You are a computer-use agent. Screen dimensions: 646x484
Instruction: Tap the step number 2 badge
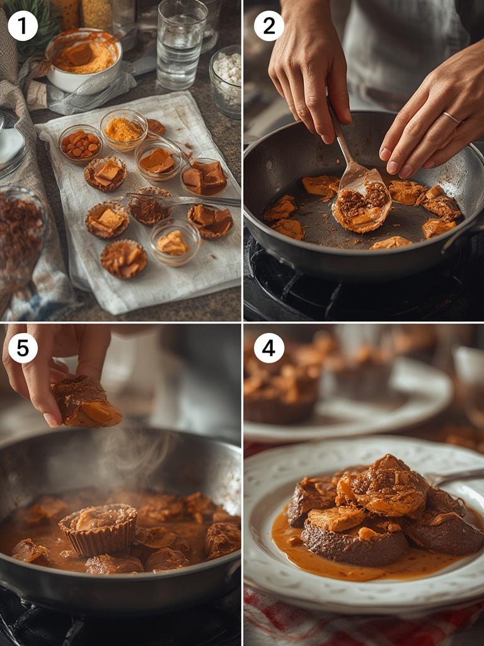269,26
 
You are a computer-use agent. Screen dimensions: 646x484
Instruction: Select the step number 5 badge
23,348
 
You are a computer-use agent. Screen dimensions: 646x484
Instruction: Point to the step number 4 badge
269,348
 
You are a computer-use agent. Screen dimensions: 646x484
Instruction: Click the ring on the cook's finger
452,117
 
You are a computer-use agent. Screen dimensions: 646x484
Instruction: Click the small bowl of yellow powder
124,129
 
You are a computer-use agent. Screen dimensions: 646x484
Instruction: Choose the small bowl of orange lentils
81,144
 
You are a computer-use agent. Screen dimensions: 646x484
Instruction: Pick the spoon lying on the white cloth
183,201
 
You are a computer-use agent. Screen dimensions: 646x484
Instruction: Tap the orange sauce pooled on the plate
340,565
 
